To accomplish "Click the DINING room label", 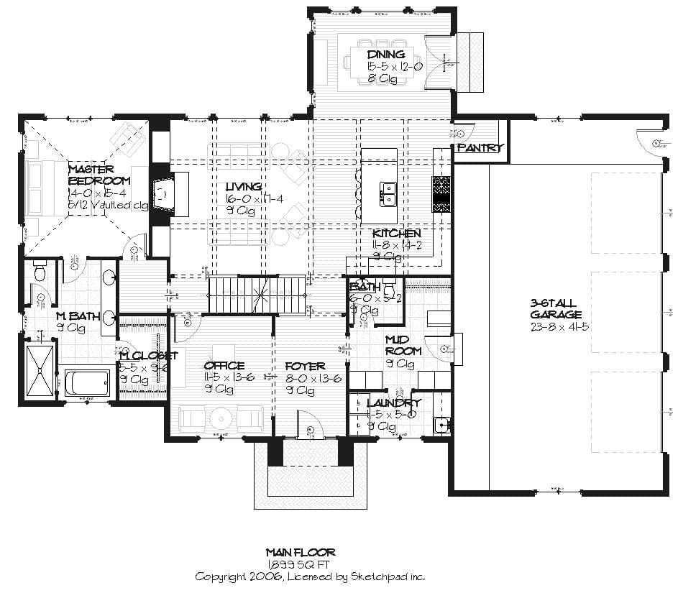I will (386, 54).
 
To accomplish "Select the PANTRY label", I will (480, 148).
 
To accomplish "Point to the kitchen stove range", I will (441, 193).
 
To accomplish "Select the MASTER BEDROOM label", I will (99, 175).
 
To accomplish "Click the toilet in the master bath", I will (40, 272).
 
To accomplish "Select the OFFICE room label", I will (224, 366).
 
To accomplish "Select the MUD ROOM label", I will (403, 345).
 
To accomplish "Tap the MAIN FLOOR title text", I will (301, 552).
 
